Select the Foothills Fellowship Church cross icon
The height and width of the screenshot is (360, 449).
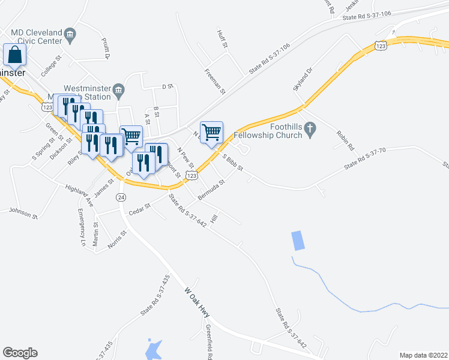click(310, 128)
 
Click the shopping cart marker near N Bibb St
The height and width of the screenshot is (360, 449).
click(212, 131)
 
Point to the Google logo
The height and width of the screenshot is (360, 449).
click(20, 353)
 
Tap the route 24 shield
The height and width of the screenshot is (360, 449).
click(121, 197)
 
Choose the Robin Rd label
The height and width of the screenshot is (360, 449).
click(345, 140)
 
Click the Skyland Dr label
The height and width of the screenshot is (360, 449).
click(303, 79)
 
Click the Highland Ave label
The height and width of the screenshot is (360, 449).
click(80, 196)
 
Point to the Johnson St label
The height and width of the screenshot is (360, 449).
click(23, 211)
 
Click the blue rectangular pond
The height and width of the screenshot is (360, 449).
click(297, 241)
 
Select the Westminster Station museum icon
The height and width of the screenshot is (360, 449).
click(118, 91)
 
